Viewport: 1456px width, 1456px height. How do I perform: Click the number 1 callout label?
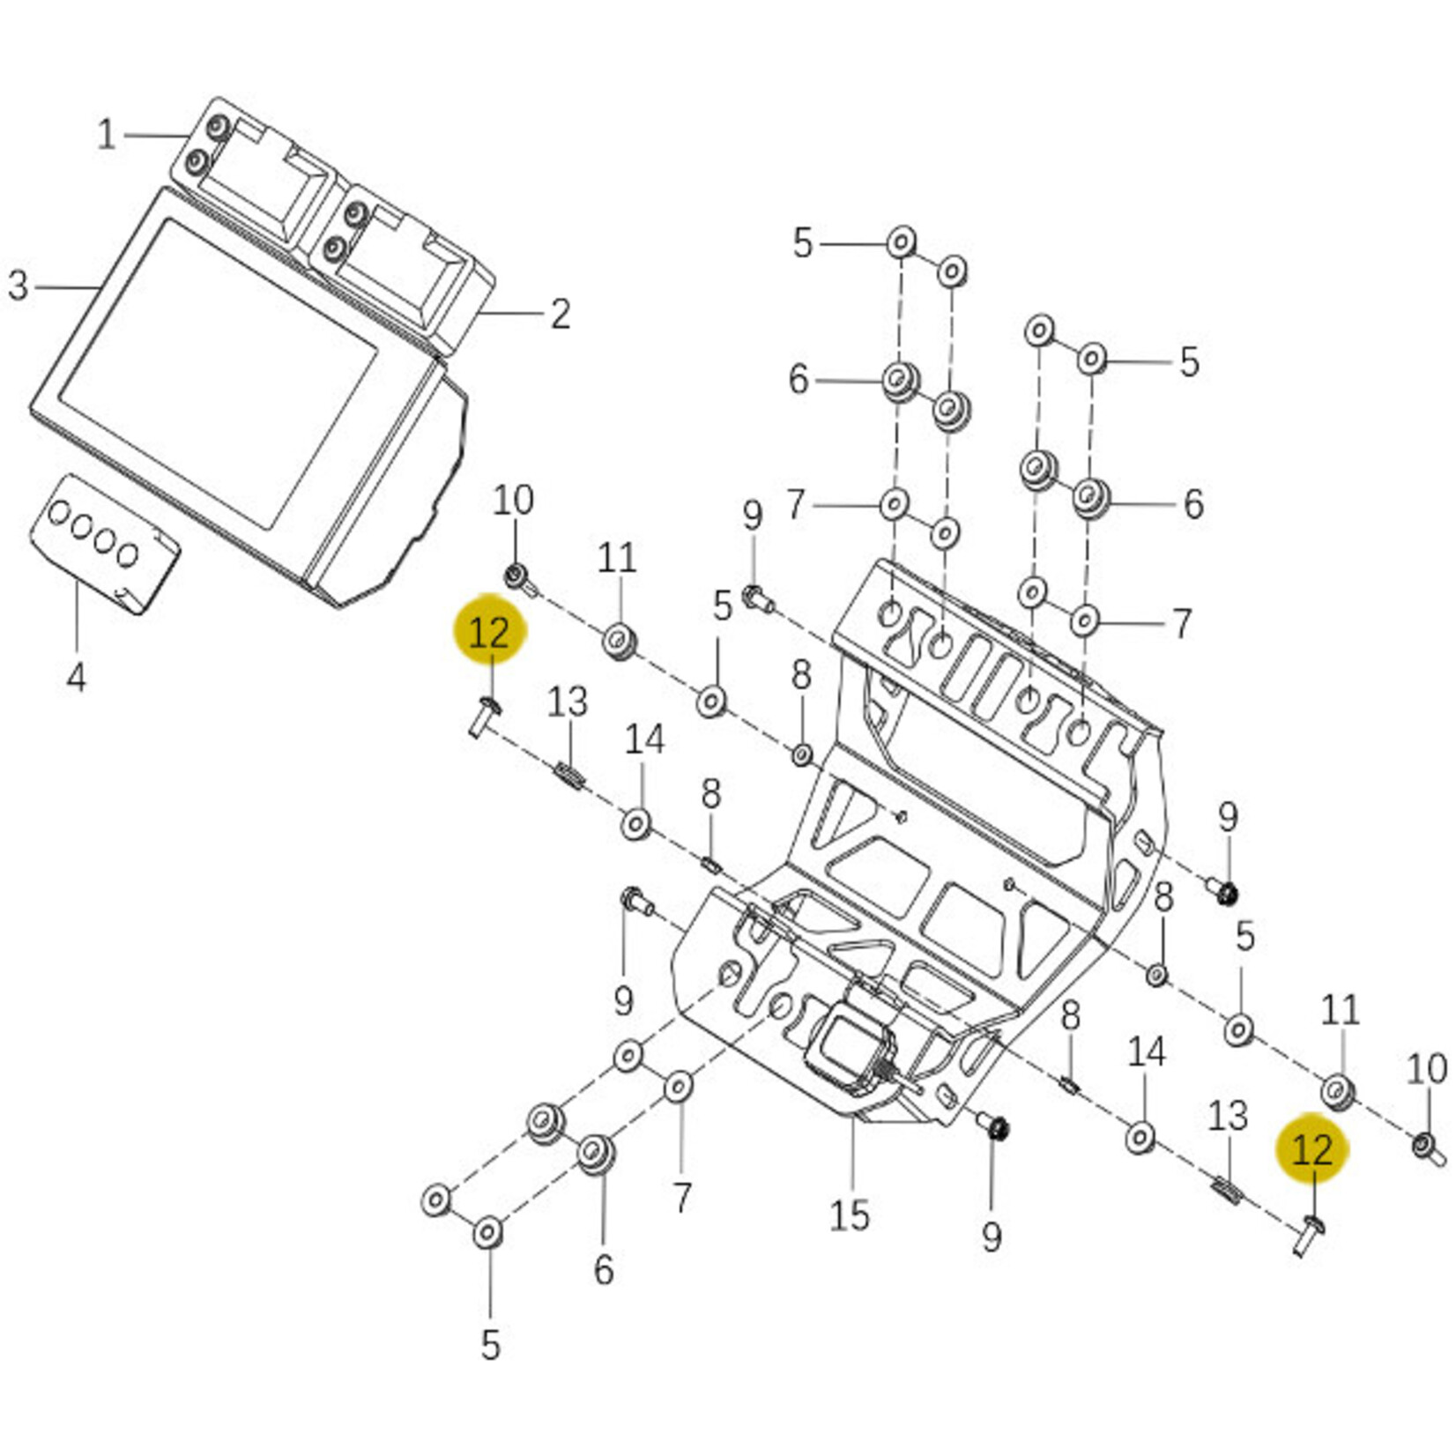106,135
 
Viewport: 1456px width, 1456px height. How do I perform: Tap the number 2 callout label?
561,314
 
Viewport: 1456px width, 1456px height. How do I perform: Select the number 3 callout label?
18,286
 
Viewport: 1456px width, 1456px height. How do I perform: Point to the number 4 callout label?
77,677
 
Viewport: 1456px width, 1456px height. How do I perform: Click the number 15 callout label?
849,1215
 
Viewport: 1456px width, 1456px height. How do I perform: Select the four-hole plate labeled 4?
104,541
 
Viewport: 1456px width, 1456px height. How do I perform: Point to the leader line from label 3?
66,287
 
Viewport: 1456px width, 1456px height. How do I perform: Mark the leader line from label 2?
511,313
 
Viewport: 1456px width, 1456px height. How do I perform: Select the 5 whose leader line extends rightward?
801,242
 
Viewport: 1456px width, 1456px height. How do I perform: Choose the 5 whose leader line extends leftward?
1189,361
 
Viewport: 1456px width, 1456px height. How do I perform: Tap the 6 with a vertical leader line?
603,1269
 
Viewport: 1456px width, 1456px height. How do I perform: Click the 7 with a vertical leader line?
682,1197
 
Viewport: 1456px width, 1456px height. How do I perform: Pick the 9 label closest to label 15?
992,1237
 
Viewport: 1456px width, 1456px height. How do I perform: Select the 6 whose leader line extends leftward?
1192,504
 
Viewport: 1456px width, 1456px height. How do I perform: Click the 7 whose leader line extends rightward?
796,505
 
